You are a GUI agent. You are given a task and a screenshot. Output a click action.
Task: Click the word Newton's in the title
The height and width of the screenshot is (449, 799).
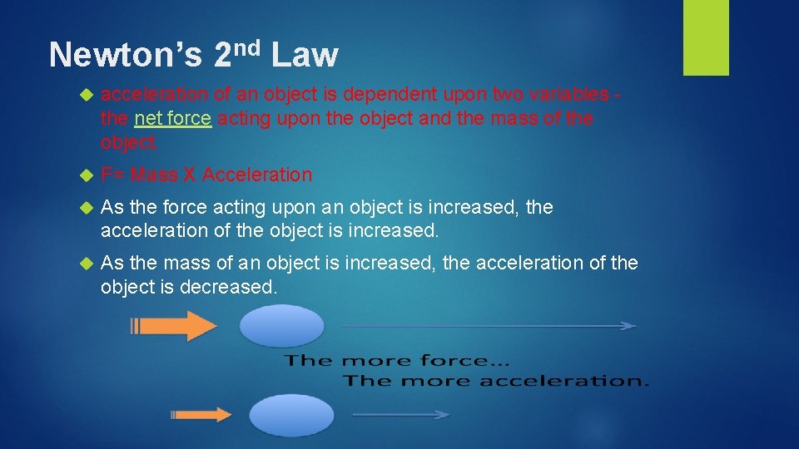click(125, 56)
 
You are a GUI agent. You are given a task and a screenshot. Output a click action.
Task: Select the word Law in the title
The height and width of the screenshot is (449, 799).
click(305, 56)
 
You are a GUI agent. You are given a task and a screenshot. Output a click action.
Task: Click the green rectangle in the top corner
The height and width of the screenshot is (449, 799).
click(706, 37)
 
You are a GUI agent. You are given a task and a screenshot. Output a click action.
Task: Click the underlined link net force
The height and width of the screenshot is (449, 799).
click(172, 119)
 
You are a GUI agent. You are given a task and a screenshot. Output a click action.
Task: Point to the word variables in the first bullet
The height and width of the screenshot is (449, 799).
click(565, 95)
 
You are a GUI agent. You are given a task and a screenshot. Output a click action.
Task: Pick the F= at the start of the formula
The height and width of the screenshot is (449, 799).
click(112, 175)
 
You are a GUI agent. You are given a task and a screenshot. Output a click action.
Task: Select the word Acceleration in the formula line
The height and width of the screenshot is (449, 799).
click(257, 175)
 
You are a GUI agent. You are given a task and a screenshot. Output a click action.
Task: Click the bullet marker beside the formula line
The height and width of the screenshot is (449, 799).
click(84, 175)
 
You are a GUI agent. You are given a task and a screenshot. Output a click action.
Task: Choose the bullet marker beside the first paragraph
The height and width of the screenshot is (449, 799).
click(84, 95)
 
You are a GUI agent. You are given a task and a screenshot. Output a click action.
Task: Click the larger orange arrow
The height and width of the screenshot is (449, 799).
click(178, 325)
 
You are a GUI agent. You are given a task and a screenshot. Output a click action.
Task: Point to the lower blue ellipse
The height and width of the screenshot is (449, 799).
click(291, 414)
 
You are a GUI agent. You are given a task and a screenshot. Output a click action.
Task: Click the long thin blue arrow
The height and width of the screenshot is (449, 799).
click(489, 326)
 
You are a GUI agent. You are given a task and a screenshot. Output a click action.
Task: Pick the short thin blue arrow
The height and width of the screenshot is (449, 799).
click(402, 413)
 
